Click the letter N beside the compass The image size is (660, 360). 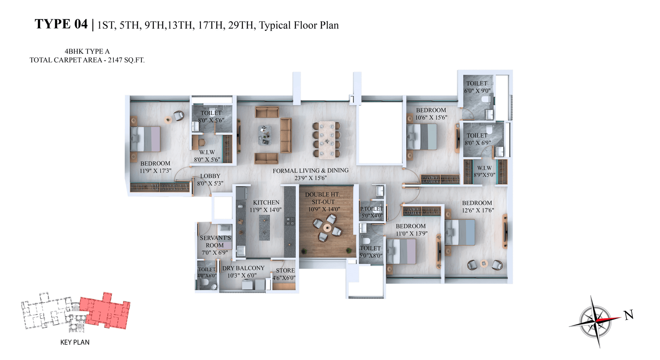(x=629, y=315)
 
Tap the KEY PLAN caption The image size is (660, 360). (x=75, y=342)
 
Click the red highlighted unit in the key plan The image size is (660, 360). (x=105, y=311)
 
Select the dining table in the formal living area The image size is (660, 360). (x=327, y=140)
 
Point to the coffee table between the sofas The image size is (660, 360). (x=265, y=135)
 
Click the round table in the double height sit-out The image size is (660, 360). (x=327, y=228)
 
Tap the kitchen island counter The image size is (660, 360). (x=264, y=228)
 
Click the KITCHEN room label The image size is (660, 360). (x=266, y=202)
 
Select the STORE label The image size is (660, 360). (x=285, y=271)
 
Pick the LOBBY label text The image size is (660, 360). (x=210, y=176)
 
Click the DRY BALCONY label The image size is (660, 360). (x=243, y=268)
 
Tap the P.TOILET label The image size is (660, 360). (x=372, y=209)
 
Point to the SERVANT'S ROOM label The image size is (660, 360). (x=215, y=242)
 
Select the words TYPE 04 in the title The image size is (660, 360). (x=61, y=24)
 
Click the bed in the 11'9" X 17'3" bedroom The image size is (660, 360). (x=145, y=139)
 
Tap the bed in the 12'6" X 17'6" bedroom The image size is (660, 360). (x=460, y=232)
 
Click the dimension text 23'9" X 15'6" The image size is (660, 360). (x=311, y=178)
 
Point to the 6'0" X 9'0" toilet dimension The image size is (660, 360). (x=477, y=91)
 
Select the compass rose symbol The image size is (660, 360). (x=595, y=321)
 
